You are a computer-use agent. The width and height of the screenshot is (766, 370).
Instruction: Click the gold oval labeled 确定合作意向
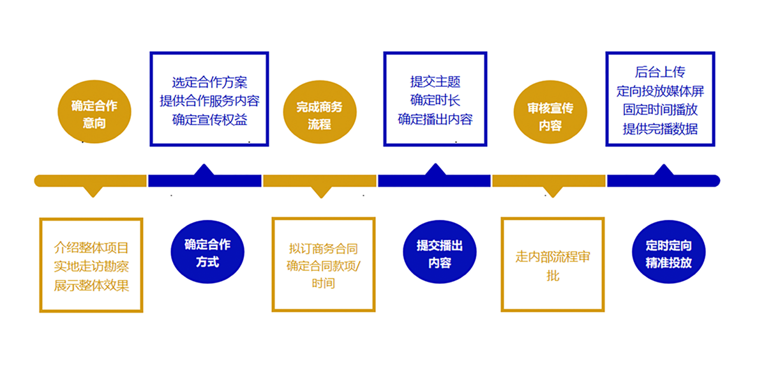[x=94, y=112]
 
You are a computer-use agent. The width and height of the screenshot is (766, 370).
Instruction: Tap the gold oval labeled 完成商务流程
[x=320, y=112]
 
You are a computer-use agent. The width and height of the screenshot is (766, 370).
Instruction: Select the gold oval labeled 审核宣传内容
[x=550, y=112]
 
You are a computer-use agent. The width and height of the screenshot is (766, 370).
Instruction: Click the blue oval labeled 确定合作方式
[x=207, y=252]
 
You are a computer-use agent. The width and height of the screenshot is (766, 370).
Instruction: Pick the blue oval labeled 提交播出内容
[x=440, y=252]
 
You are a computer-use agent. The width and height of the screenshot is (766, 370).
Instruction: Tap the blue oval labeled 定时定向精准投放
[x=668, y=252]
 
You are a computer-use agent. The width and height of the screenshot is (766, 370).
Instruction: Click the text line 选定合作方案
[x=209, y=82]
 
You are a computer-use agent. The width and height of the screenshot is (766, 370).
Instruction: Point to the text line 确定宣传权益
[x=209, y=119]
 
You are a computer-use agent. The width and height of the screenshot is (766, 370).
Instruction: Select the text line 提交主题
[x=435, y=81]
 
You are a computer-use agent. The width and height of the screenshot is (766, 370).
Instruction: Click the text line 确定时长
[x=435, y=100]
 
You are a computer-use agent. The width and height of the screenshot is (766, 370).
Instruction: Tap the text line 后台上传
[x=660, y=72]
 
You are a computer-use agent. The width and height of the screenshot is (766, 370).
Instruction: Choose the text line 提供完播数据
[x=660, y=129]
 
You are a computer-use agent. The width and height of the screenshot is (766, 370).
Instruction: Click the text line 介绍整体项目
[x=91, y=247]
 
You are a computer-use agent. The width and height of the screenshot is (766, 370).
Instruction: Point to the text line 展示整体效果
[x=91, y=286]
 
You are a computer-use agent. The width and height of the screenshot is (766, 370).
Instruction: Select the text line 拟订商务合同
[x=323, y=249]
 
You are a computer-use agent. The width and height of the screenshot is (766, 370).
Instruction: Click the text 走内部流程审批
[x=553, y=266]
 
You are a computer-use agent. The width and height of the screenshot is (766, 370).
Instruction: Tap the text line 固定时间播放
[x=660, y=110]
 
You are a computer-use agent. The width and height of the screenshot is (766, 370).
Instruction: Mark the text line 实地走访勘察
[x=91, y=266]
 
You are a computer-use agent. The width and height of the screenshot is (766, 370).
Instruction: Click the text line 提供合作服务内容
[x=209, y=101]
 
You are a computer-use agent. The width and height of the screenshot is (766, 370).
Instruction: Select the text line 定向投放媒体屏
[x=660, y=91]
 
